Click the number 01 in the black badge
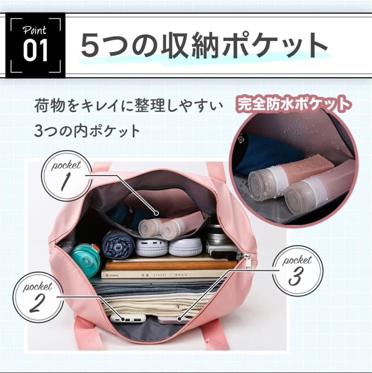point(35,51)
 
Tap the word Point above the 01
point(34,30)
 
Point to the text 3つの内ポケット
point(87,130)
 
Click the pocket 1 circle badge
point(66,176)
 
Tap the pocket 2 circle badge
point(38,298)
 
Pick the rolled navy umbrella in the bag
point(118,244)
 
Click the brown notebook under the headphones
point(171,264)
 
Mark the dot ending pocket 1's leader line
point(156,213)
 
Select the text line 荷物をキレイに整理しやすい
point(129,106)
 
